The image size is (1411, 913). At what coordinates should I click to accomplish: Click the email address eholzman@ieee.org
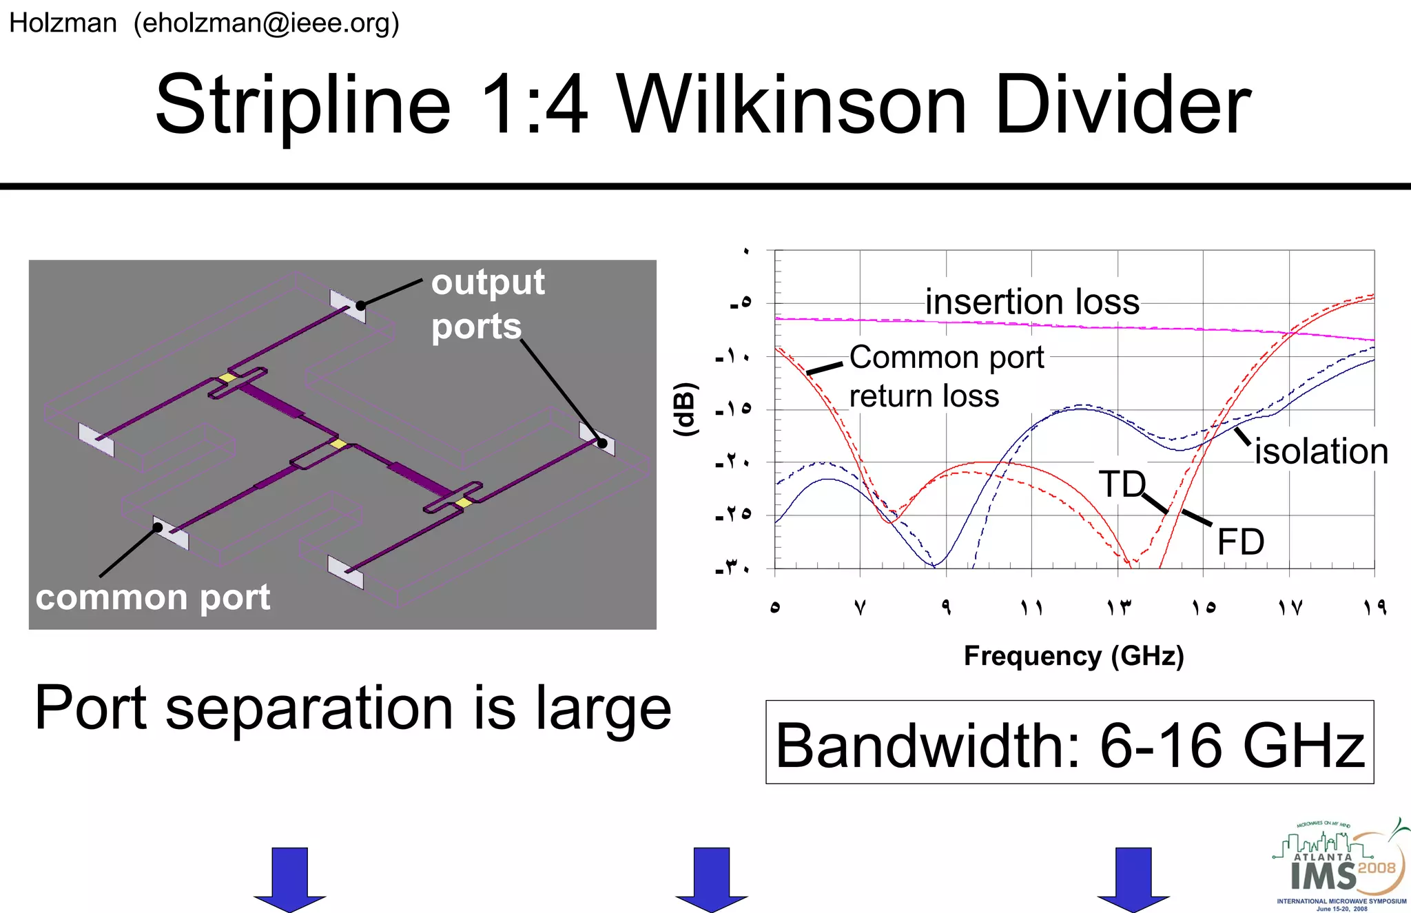pos(267,23)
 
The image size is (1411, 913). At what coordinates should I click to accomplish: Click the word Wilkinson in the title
pos(792,105)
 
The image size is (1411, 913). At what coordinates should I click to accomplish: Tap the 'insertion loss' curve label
pos(1031,302)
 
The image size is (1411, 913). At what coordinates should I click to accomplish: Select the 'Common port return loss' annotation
pos(946,376)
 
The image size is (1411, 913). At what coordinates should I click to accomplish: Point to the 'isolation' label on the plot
pos(1321,451)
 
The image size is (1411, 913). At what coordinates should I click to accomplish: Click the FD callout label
pos(1240,542)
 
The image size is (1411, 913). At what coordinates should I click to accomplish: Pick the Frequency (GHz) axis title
pos(1073,655)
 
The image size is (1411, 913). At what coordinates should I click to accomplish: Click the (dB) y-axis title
pos(685,409)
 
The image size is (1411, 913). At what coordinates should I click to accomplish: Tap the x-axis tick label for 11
pos(1031,607)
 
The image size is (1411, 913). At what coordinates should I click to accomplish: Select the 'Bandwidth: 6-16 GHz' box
pos(1069,743)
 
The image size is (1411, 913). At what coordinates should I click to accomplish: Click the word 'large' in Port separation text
pos(603,710)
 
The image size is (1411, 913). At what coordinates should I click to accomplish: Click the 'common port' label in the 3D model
pos(153,597)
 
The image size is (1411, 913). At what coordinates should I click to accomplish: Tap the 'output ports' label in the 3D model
pos(487,304)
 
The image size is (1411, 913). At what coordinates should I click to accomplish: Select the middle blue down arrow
pos(711,879)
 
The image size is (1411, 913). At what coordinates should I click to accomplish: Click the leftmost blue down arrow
pos(289,879)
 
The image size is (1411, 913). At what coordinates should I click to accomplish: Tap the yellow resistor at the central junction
pos(338,444)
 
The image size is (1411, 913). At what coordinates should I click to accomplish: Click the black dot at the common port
pos(158,528)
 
